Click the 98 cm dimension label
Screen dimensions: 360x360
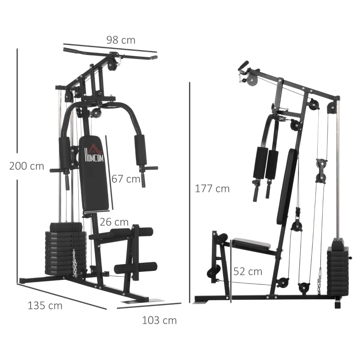click(121, 40)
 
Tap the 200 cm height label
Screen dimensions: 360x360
click(27, 166)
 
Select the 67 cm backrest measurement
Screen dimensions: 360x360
click(126, 179)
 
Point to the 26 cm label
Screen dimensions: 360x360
click(114, 222)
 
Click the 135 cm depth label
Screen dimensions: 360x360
click(45, 306)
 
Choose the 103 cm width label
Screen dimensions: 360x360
click(159, 320)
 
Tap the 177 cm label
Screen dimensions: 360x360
click(212, 189)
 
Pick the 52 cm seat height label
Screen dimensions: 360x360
click(247, 271)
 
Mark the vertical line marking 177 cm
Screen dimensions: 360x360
click(190, 189)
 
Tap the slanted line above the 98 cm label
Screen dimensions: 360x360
click(110, 48)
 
